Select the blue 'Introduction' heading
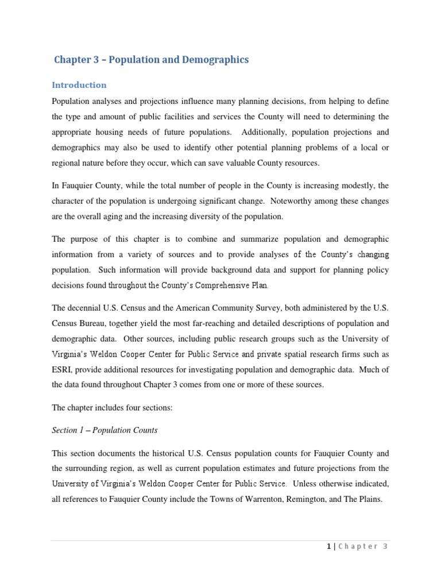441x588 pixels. click(79, 85)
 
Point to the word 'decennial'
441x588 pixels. click(87, 307)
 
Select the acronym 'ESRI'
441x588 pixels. click(63, 369)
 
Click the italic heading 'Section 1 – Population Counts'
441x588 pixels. click(105, 430)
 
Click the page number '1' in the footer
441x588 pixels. click(328, 547)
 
